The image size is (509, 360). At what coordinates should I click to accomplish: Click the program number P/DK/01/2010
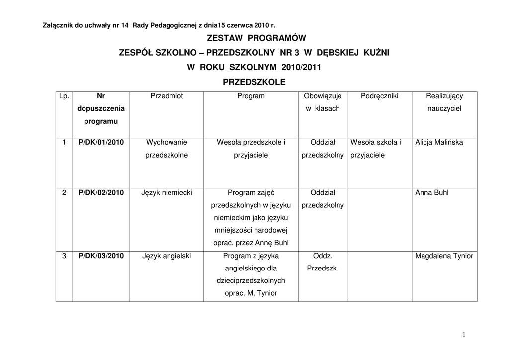point(101,142)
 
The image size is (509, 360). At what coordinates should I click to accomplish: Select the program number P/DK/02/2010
point(101,192)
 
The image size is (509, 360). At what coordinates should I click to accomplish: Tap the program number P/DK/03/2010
point(101,256)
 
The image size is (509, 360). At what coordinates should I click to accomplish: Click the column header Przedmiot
point(167,96)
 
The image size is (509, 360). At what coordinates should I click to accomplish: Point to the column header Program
point(251,96)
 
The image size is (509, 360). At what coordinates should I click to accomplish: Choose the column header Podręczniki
point(379,96)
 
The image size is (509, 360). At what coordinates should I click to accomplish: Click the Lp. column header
point(64,96)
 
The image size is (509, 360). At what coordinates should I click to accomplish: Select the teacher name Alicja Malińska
point(439,142)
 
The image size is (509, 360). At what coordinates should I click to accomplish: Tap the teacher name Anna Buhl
point(431,192)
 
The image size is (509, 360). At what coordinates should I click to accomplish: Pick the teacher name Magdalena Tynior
point(444,256)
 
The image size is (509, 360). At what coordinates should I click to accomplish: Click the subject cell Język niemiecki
point(167,192)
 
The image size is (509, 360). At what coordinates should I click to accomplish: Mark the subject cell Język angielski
point(167,256)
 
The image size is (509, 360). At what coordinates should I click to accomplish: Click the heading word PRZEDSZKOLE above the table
point(254,82)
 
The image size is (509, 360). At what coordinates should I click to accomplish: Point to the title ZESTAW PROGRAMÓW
point(254,38)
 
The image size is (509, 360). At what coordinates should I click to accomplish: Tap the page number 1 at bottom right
point(464,335)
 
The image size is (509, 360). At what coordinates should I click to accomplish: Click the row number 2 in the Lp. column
point(64,192)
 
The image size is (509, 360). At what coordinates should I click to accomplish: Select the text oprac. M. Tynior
point(251,293)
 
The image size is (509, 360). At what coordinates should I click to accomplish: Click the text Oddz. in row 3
point(323,256)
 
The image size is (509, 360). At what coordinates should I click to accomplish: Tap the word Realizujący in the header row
point(444,96)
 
